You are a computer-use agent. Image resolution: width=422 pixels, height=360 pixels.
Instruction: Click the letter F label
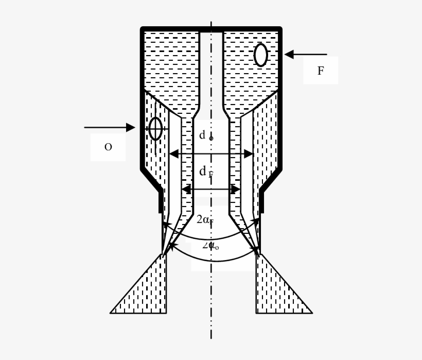point(320,71)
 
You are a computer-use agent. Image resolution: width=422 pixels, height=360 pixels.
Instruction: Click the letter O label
point(108,147)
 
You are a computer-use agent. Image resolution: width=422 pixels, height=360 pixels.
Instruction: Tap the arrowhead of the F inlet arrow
point(289,54)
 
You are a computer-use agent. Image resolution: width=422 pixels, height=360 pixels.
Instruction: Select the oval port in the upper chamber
point(261,55)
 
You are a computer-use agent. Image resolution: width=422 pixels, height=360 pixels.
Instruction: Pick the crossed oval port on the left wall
point(155,128)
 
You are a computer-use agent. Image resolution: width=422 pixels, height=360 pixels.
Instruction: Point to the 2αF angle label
point(205,220)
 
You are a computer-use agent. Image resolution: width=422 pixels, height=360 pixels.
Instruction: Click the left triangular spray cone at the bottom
point(147,294)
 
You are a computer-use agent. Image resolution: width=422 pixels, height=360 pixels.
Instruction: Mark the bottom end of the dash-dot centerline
point(211,338)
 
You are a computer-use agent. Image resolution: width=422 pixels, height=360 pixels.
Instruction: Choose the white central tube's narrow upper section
point(211,67)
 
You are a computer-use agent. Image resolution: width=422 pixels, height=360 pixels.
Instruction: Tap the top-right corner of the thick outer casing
point(279,29)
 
